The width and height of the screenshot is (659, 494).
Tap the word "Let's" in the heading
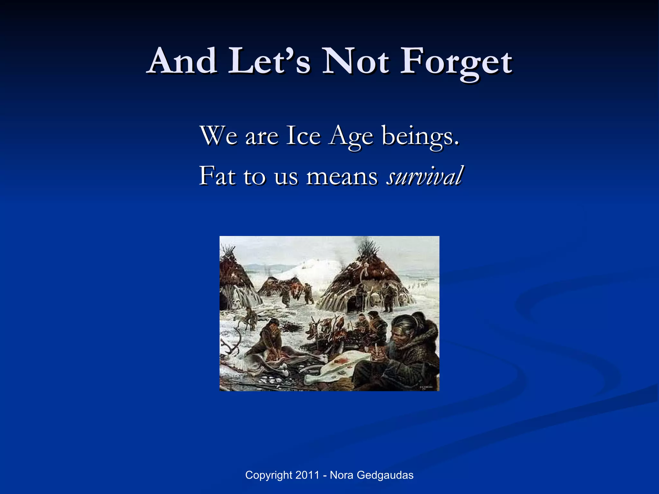click(269, 60)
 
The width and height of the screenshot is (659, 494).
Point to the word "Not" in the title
click(356, 60)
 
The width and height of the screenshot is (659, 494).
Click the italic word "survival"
click(425, 176)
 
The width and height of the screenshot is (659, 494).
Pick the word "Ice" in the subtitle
click(303, 135)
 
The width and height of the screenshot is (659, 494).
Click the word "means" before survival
click(342, 177)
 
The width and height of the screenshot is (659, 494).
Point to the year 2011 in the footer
click(307, 475)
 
